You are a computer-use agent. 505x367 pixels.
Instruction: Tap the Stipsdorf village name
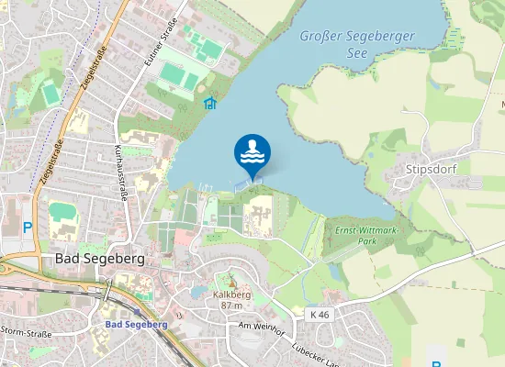[431, 170]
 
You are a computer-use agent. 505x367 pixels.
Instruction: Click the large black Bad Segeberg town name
[100, 260]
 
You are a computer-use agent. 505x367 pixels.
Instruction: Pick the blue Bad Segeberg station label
[136, 324]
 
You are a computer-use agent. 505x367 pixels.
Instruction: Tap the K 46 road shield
[320, 315]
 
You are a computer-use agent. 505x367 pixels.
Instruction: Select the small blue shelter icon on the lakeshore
[209, 103]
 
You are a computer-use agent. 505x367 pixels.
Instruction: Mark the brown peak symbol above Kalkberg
[231, 283]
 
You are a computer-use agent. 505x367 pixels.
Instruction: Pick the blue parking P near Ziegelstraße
[28, 228]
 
